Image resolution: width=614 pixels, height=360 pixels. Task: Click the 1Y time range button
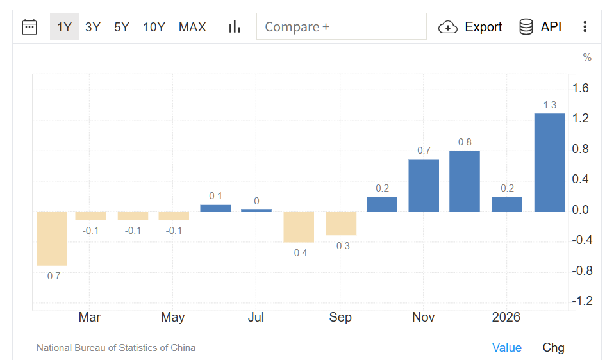(64, 27)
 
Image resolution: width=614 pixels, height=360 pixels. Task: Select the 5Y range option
(122, 27)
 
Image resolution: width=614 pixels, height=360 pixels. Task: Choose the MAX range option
(192, 27)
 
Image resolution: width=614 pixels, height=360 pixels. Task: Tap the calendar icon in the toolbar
(29, 27)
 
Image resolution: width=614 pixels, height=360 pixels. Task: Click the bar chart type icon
(235, 27)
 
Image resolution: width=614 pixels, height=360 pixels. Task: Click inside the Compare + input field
(341, 27)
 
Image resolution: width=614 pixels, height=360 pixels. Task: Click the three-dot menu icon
(585, 27)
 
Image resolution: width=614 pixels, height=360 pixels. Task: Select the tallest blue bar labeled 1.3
(549, 163)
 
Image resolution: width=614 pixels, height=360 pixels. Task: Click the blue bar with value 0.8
(465, 181)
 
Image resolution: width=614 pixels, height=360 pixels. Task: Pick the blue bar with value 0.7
(424, 185)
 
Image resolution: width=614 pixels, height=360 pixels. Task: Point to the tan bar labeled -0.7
(52, 238)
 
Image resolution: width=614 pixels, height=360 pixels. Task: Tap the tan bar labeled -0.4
(299, 227)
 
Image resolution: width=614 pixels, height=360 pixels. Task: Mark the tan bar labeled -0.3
(341, 223)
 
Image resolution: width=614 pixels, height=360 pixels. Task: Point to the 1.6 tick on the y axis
(581, 88)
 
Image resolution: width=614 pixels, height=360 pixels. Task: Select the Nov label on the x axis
(424, 317)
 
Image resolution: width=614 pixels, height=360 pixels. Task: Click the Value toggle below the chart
(506, 347)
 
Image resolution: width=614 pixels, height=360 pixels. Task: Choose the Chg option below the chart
(553, 347)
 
